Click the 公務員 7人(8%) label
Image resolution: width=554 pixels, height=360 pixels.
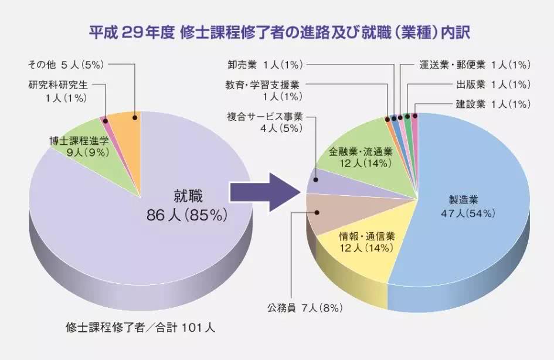tap(304, 307)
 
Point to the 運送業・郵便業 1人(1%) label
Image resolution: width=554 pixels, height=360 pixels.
tap(475, 63)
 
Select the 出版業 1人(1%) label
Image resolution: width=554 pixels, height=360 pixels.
tap(493, 84)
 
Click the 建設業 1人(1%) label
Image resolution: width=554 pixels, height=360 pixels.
tap(493, 104)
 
